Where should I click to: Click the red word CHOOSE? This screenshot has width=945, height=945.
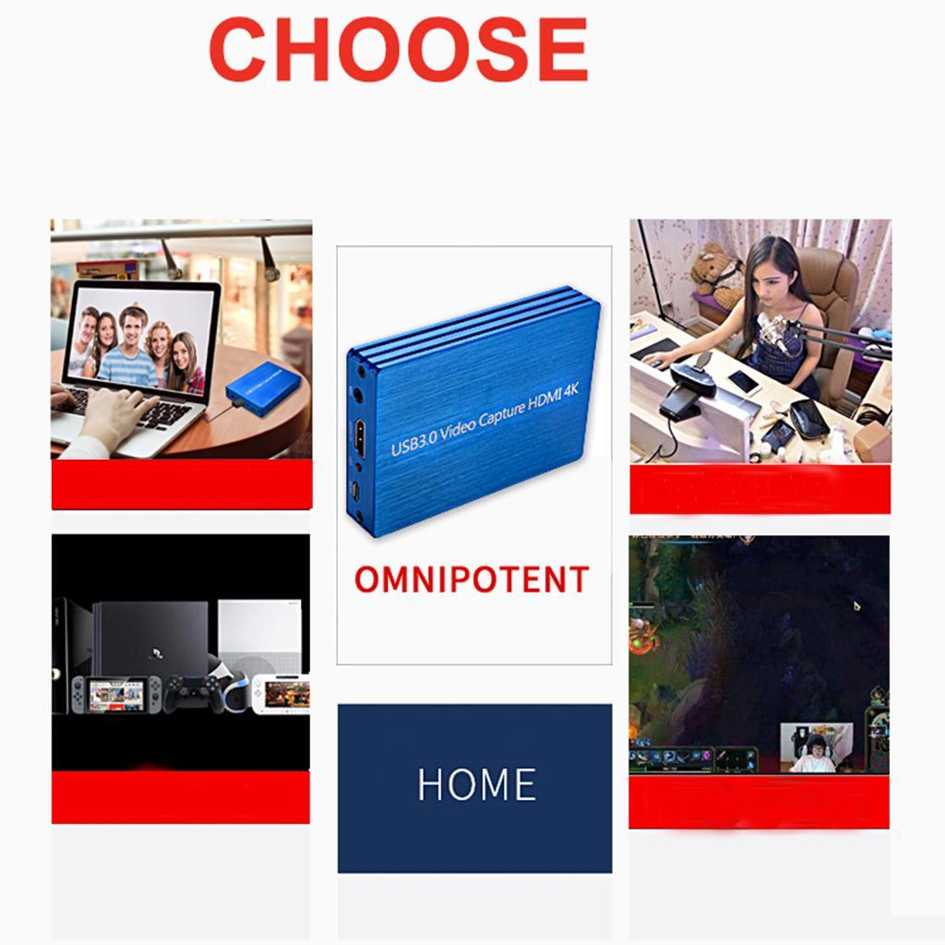(x=398, y=50)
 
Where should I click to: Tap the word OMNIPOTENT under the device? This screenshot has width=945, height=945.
(x=472, y=580)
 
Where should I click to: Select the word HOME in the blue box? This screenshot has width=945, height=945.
(x=476, y=785)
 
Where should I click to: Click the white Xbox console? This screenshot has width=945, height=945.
(x=259, y=637)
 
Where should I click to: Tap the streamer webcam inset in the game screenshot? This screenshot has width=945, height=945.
(x=816, y=747)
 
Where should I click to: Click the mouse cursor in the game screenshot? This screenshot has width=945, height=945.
(x=856, y=606)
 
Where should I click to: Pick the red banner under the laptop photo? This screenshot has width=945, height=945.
(x=182, y=484)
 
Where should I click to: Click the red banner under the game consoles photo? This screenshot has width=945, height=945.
(x=181, y=796)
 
